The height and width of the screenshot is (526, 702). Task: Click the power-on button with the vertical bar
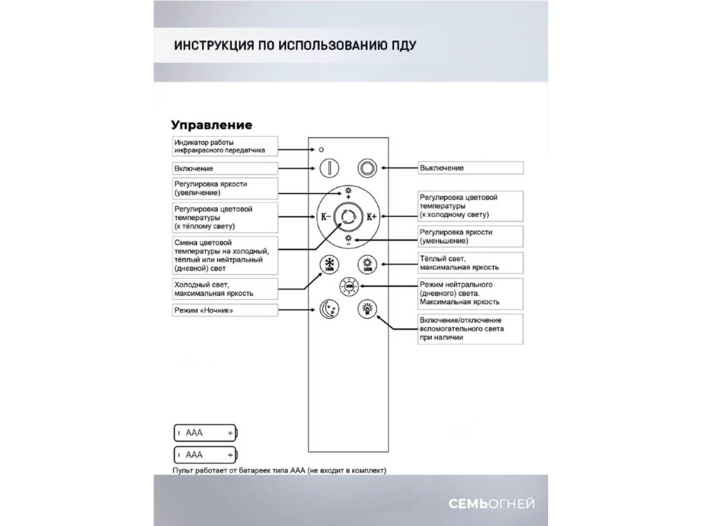click(329, 168)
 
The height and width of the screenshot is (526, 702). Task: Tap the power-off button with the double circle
click(367, 168)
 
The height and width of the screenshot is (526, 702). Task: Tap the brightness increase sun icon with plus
click(348, 192)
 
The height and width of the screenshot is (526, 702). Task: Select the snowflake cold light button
click(329, 264)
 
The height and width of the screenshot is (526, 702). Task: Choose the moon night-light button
click(329, 308)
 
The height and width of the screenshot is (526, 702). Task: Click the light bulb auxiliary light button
click(367, 308)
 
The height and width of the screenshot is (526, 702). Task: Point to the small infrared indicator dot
click(321, 150)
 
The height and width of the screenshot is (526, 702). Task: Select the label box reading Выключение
click(470, 168)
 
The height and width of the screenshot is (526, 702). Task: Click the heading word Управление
click(212, 125)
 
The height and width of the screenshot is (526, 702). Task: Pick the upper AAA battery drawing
click(206, 433)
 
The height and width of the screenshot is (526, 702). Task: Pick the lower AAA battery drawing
click(206, 454)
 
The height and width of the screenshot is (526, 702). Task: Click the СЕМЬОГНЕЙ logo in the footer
click(491, 504)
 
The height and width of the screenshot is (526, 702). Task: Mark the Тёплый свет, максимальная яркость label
click(470, 263)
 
